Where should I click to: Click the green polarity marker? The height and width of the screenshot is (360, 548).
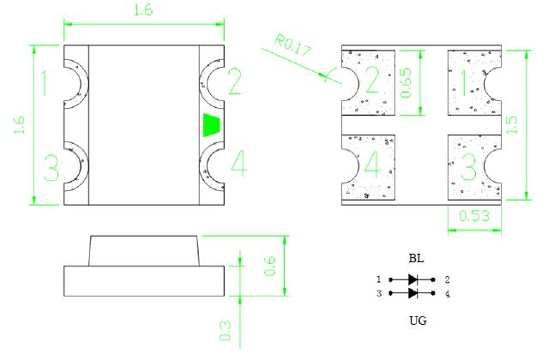211,124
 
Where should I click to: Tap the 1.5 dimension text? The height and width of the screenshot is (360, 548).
512,125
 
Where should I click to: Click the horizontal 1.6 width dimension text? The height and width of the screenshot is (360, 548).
143,12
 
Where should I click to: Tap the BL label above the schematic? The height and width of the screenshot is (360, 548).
416,259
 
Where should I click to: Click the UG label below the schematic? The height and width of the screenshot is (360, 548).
416,321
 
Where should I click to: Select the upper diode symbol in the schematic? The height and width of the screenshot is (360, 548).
415,279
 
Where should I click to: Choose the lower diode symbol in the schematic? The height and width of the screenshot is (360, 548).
415,294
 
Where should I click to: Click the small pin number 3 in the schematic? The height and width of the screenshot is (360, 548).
378,294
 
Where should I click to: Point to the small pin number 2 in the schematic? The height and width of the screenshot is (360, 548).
447,279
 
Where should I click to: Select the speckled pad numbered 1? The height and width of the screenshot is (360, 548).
468,81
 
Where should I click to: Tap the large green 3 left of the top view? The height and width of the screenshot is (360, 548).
51,167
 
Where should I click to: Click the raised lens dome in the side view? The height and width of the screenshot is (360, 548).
143,250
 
